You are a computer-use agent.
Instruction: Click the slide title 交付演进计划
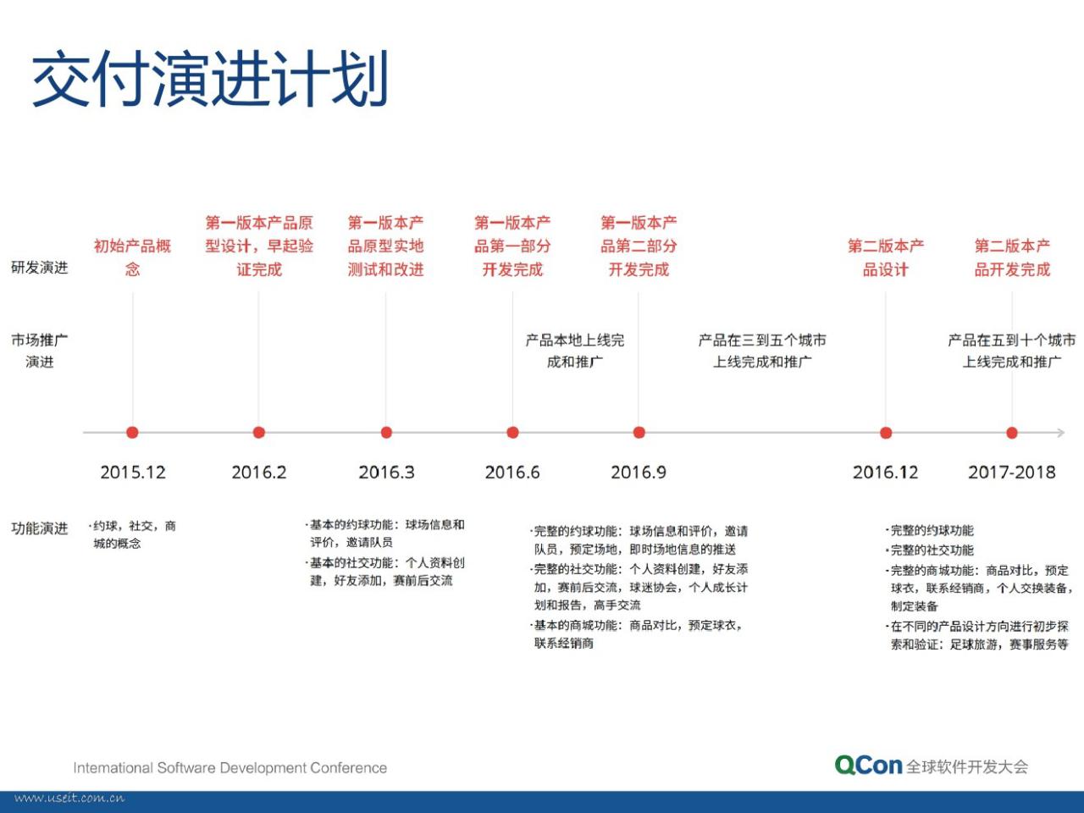pos(210,78)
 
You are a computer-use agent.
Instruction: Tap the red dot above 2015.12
pos(132,433)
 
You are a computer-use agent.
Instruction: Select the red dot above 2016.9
pos(639,433)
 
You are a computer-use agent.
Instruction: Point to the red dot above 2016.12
pos(886,433)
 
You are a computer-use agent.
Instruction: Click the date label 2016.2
pos(259,473)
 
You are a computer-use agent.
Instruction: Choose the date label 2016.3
pos(386,473)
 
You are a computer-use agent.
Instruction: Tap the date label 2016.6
pos(512,473)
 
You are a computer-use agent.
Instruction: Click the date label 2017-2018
pos(1011,473)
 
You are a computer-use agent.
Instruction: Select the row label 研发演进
pos(40,268)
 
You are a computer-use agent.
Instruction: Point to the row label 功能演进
pos(40,528)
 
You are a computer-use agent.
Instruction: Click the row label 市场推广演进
pos(40,351)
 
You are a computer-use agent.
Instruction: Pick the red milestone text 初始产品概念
pos(132,257)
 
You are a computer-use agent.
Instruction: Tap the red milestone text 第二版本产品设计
pos(886,257)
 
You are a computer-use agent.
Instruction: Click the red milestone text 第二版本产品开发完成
pos(1012,257)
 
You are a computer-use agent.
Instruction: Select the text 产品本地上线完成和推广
pos(575,351)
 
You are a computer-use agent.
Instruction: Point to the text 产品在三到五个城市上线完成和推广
pos(762,351)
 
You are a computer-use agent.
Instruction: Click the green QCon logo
pos(868,765)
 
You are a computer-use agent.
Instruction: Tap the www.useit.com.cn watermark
pos(69,799)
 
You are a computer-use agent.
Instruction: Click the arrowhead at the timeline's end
pos(1061,433)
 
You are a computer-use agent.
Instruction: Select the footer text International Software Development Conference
pos(230,767)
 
